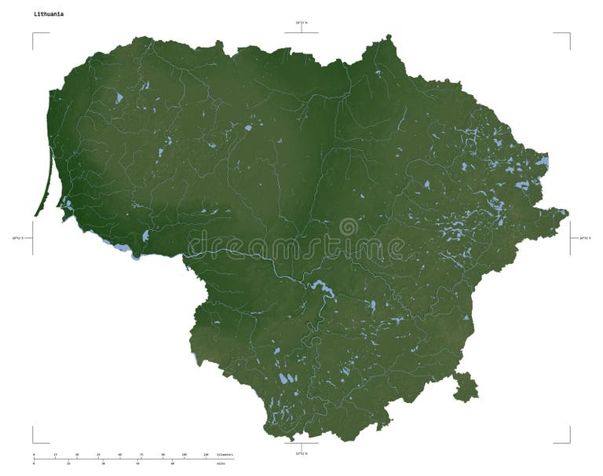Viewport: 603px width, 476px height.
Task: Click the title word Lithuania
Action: click(49, 14)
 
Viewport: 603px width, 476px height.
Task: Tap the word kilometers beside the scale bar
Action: click(225, 454)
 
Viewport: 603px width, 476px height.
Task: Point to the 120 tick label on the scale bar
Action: click(206, 454)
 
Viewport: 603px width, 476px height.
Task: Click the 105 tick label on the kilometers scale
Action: click(184, 454)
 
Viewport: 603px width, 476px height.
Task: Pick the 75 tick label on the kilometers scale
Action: click(141, 454)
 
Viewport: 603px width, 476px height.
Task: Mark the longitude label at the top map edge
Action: click(301, 23)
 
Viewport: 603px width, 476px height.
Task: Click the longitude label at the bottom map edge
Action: click(301, 453)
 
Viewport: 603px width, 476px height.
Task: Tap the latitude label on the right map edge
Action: click(584, 236)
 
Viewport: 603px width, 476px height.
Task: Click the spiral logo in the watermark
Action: click(348, 228)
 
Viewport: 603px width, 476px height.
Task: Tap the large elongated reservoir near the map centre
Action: click(322, 288)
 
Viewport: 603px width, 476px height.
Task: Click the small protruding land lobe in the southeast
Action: click(465, 386)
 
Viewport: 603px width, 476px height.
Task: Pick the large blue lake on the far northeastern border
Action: click(543, 163)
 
